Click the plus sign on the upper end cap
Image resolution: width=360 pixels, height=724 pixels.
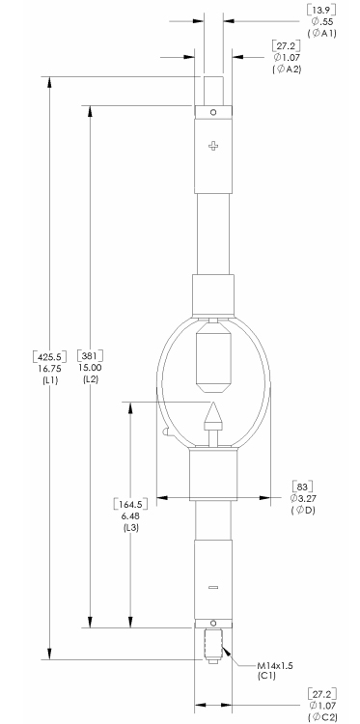pyautogui.click(x=212, y=146)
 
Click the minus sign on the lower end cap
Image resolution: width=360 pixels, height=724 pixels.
pyautogui.click(x=212, y=587)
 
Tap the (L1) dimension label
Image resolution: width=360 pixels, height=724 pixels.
pyautogui.click(x=50, y=380)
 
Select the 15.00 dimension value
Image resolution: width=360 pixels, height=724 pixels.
pyautogui.click(x=92, y=368)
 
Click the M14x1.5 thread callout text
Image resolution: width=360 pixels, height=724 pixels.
pyautogui.click(x=275, y=665)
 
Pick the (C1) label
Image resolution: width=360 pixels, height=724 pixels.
pyautogui.click(x=266, y=676)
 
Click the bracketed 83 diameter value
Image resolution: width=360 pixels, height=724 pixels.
pyautogui.click(x=303, y=487)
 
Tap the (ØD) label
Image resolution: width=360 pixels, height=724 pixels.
pyautogui.click(x=303, y=511)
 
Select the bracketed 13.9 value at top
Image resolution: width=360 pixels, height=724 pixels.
pyautogui.click(x=321, y=11)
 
